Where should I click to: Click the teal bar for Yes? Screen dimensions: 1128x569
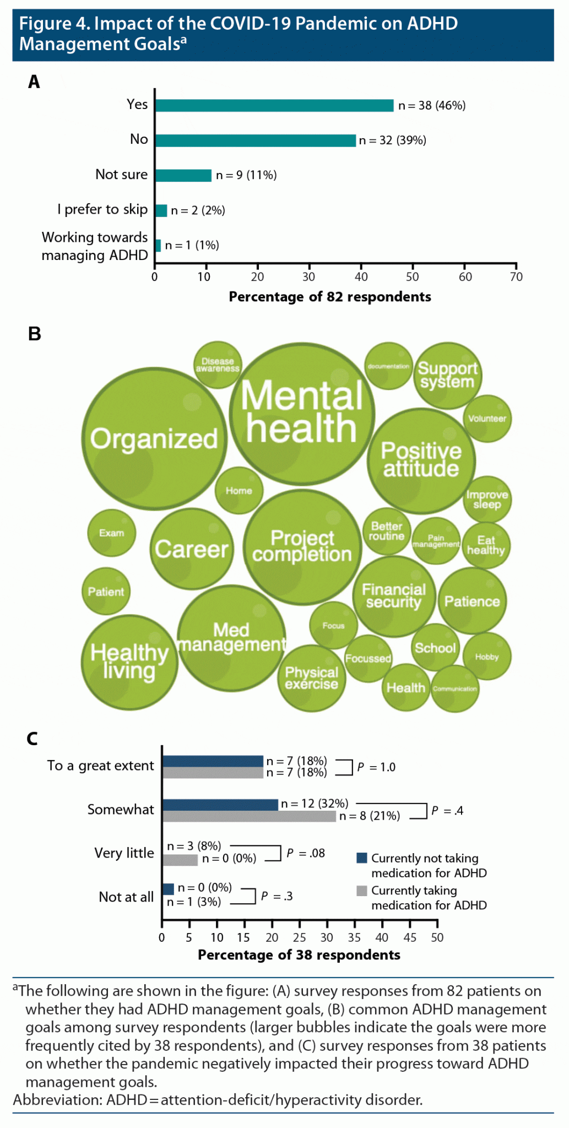(x=274, y=106)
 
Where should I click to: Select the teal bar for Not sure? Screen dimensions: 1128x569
(x=183, y=175)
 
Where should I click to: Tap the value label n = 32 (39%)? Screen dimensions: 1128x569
(x=392, y=140)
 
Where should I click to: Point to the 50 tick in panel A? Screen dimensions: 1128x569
(x=413, y=276)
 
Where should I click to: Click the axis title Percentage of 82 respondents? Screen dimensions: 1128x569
(x=330, y=297)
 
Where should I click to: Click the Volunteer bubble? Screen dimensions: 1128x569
(x=487, y=419)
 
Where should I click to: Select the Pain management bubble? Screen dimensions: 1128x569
(x=436, y=541)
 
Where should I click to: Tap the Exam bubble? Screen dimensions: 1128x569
(x=112, y=533)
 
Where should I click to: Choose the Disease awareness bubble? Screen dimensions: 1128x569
(x=218, y=365)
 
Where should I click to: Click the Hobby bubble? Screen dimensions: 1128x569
(x=487, y=657)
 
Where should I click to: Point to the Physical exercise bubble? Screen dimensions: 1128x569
(x=311, y=678)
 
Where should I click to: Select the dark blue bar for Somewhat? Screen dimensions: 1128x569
(x=220, y=805)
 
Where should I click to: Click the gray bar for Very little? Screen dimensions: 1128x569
(x=180, y=859)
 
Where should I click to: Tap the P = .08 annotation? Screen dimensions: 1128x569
(x=306, y=853)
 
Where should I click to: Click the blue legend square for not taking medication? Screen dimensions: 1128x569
(x=362, y=858)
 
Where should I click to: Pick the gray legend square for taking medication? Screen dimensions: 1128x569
(x=362, y=891)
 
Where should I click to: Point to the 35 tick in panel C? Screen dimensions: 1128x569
(x=354, y=937)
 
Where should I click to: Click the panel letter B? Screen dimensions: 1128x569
(x=34, y=334)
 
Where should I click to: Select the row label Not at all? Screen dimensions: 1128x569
(x=126, y=897)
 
